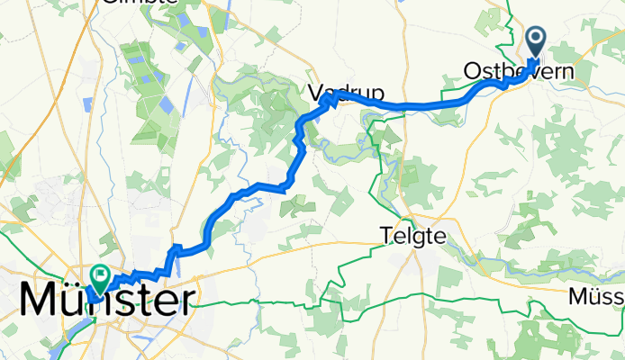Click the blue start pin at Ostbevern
click(x=535, y=41)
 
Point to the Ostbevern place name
click(x=522, y=70)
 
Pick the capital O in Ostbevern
click(x=473, y=70)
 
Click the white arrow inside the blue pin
click(x=535, y=38)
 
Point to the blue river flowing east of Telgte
click(x=504, y=248)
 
